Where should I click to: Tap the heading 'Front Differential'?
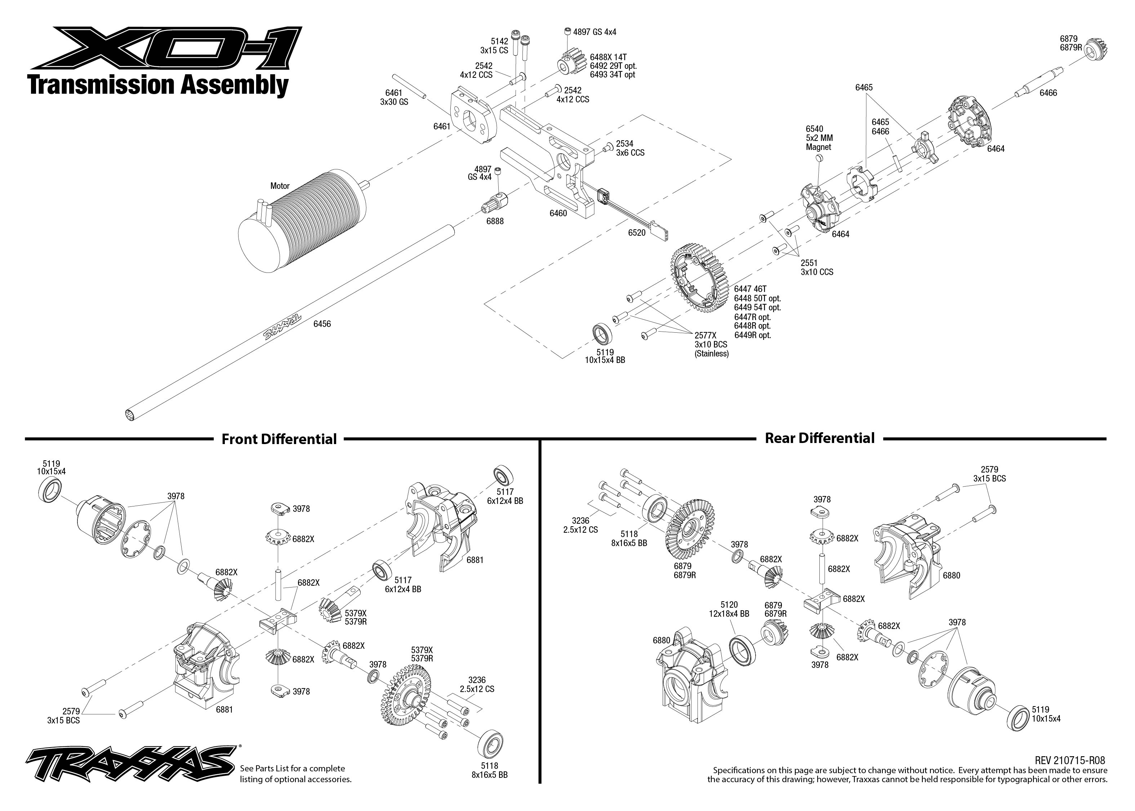pos(279,439)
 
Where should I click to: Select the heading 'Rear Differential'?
pos(820,438)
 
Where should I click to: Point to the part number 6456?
pos(322,324)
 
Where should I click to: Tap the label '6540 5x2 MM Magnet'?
pos(819,138)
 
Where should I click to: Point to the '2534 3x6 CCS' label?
pos(630,148)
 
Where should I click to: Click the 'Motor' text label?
pos(280,186)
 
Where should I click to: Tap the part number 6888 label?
pos(495,221)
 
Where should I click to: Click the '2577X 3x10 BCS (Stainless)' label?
pos(711,345)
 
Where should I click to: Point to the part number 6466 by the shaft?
pos(1048,93)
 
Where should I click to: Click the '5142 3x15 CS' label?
pos(494,46)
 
